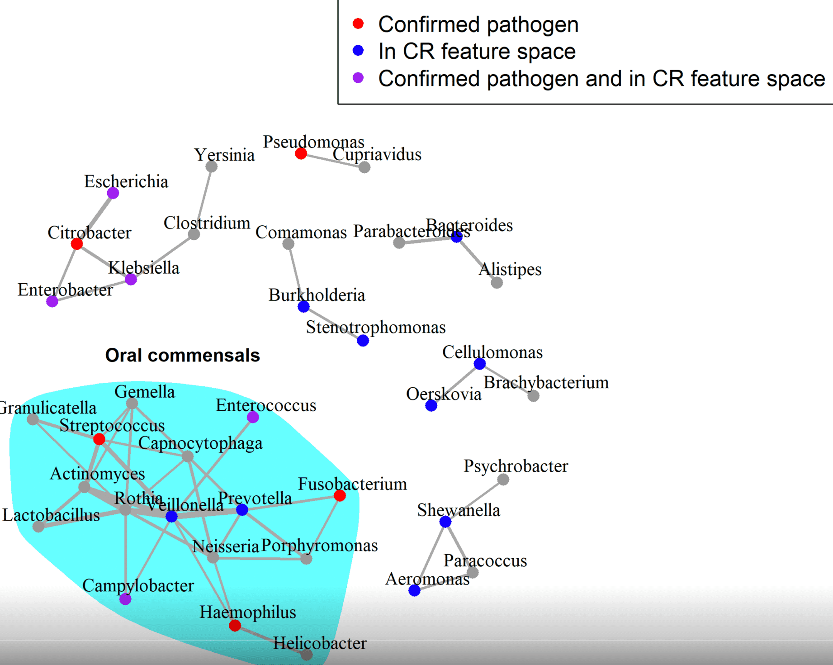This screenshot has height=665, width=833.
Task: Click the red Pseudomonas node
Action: tap(301, 154)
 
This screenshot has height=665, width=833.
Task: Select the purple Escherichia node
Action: tap(113, 193)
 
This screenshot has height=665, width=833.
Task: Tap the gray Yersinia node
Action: tap(211, 166)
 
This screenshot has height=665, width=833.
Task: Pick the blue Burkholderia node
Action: tap(303, 307)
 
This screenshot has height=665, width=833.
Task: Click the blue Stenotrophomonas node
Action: tap(363, 341)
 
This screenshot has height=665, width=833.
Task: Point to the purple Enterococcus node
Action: tap(253, 417)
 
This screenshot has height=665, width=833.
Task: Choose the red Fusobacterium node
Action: tap(340, 496)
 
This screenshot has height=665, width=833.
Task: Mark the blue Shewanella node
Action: tap(445, 522)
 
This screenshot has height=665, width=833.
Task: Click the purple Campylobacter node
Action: tap(125, 599)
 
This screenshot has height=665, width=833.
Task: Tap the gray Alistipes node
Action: tap(497, 283)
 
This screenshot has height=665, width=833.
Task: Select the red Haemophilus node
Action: tap(235, 626)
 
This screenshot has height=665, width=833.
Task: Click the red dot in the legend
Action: tap(358, 24)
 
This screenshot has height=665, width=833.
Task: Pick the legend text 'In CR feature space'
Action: tap(477, 51)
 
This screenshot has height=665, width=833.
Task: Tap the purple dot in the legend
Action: tap(358, 77)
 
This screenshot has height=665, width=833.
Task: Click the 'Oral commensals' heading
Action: tap(182, 356)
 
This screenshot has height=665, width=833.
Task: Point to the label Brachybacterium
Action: tap(546, 383)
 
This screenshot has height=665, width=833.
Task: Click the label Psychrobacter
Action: tap(516, 466)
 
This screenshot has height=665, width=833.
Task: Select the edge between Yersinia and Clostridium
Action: tap(203, 200)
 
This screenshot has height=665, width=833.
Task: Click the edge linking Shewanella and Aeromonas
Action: tap(430, 556)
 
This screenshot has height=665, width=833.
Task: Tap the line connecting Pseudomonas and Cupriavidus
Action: tap(332, 161)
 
